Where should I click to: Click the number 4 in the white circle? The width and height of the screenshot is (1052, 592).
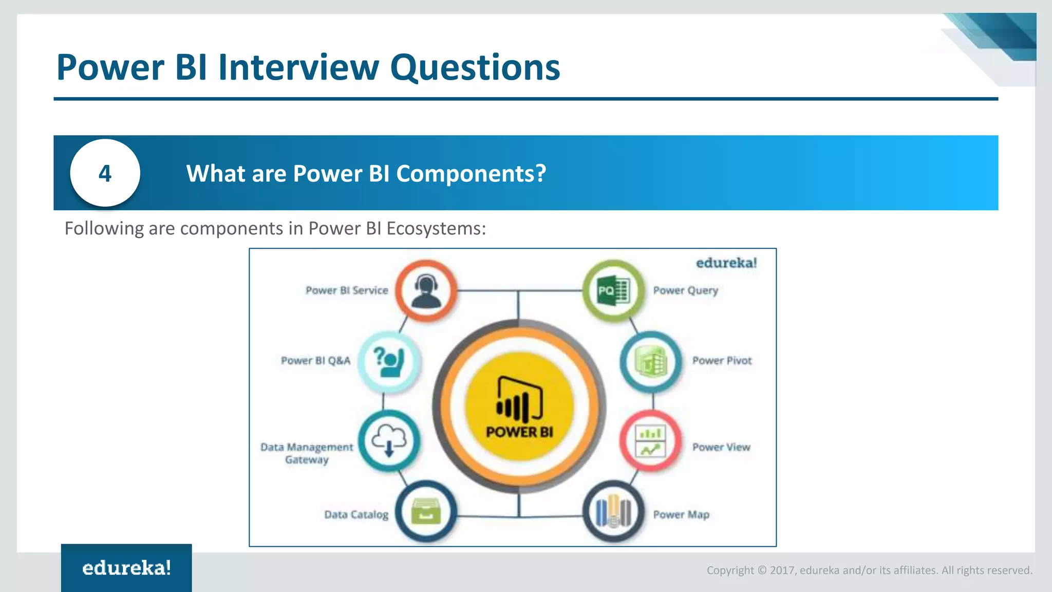pos(105,173)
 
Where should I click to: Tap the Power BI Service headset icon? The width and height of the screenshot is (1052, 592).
pos(426,291)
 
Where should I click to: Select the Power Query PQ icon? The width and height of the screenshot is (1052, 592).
pos(613,291)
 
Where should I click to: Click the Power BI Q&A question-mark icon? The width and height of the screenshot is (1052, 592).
pos(389,361)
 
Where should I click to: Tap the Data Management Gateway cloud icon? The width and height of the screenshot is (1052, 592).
pos(389,441)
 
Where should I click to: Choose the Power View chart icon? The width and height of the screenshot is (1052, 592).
pos(650,441)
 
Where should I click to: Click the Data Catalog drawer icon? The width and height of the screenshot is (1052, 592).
pos(426,512)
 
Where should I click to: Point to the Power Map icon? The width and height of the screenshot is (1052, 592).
pos(613,512)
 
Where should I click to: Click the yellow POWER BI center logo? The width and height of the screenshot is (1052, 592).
pos(519,406)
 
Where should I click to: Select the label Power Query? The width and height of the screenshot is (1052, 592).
pos(685,291)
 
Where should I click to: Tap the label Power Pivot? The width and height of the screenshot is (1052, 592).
pos(722,361)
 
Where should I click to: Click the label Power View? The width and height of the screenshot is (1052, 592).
pos(721,447)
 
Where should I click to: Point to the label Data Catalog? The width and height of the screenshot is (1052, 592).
pos(356,514)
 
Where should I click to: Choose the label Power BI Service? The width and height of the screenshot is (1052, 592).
pos(347,290)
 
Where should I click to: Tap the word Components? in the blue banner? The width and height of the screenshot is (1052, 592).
pos(471,174)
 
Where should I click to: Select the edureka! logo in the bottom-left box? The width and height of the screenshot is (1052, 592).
pos(126,568)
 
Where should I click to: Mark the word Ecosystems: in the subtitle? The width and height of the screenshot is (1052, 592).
pos(436,228)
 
